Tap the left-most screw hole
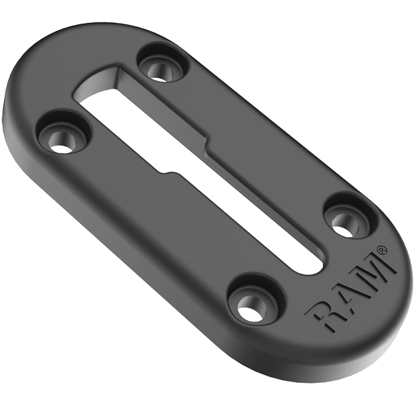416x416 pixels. [65, 139]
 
